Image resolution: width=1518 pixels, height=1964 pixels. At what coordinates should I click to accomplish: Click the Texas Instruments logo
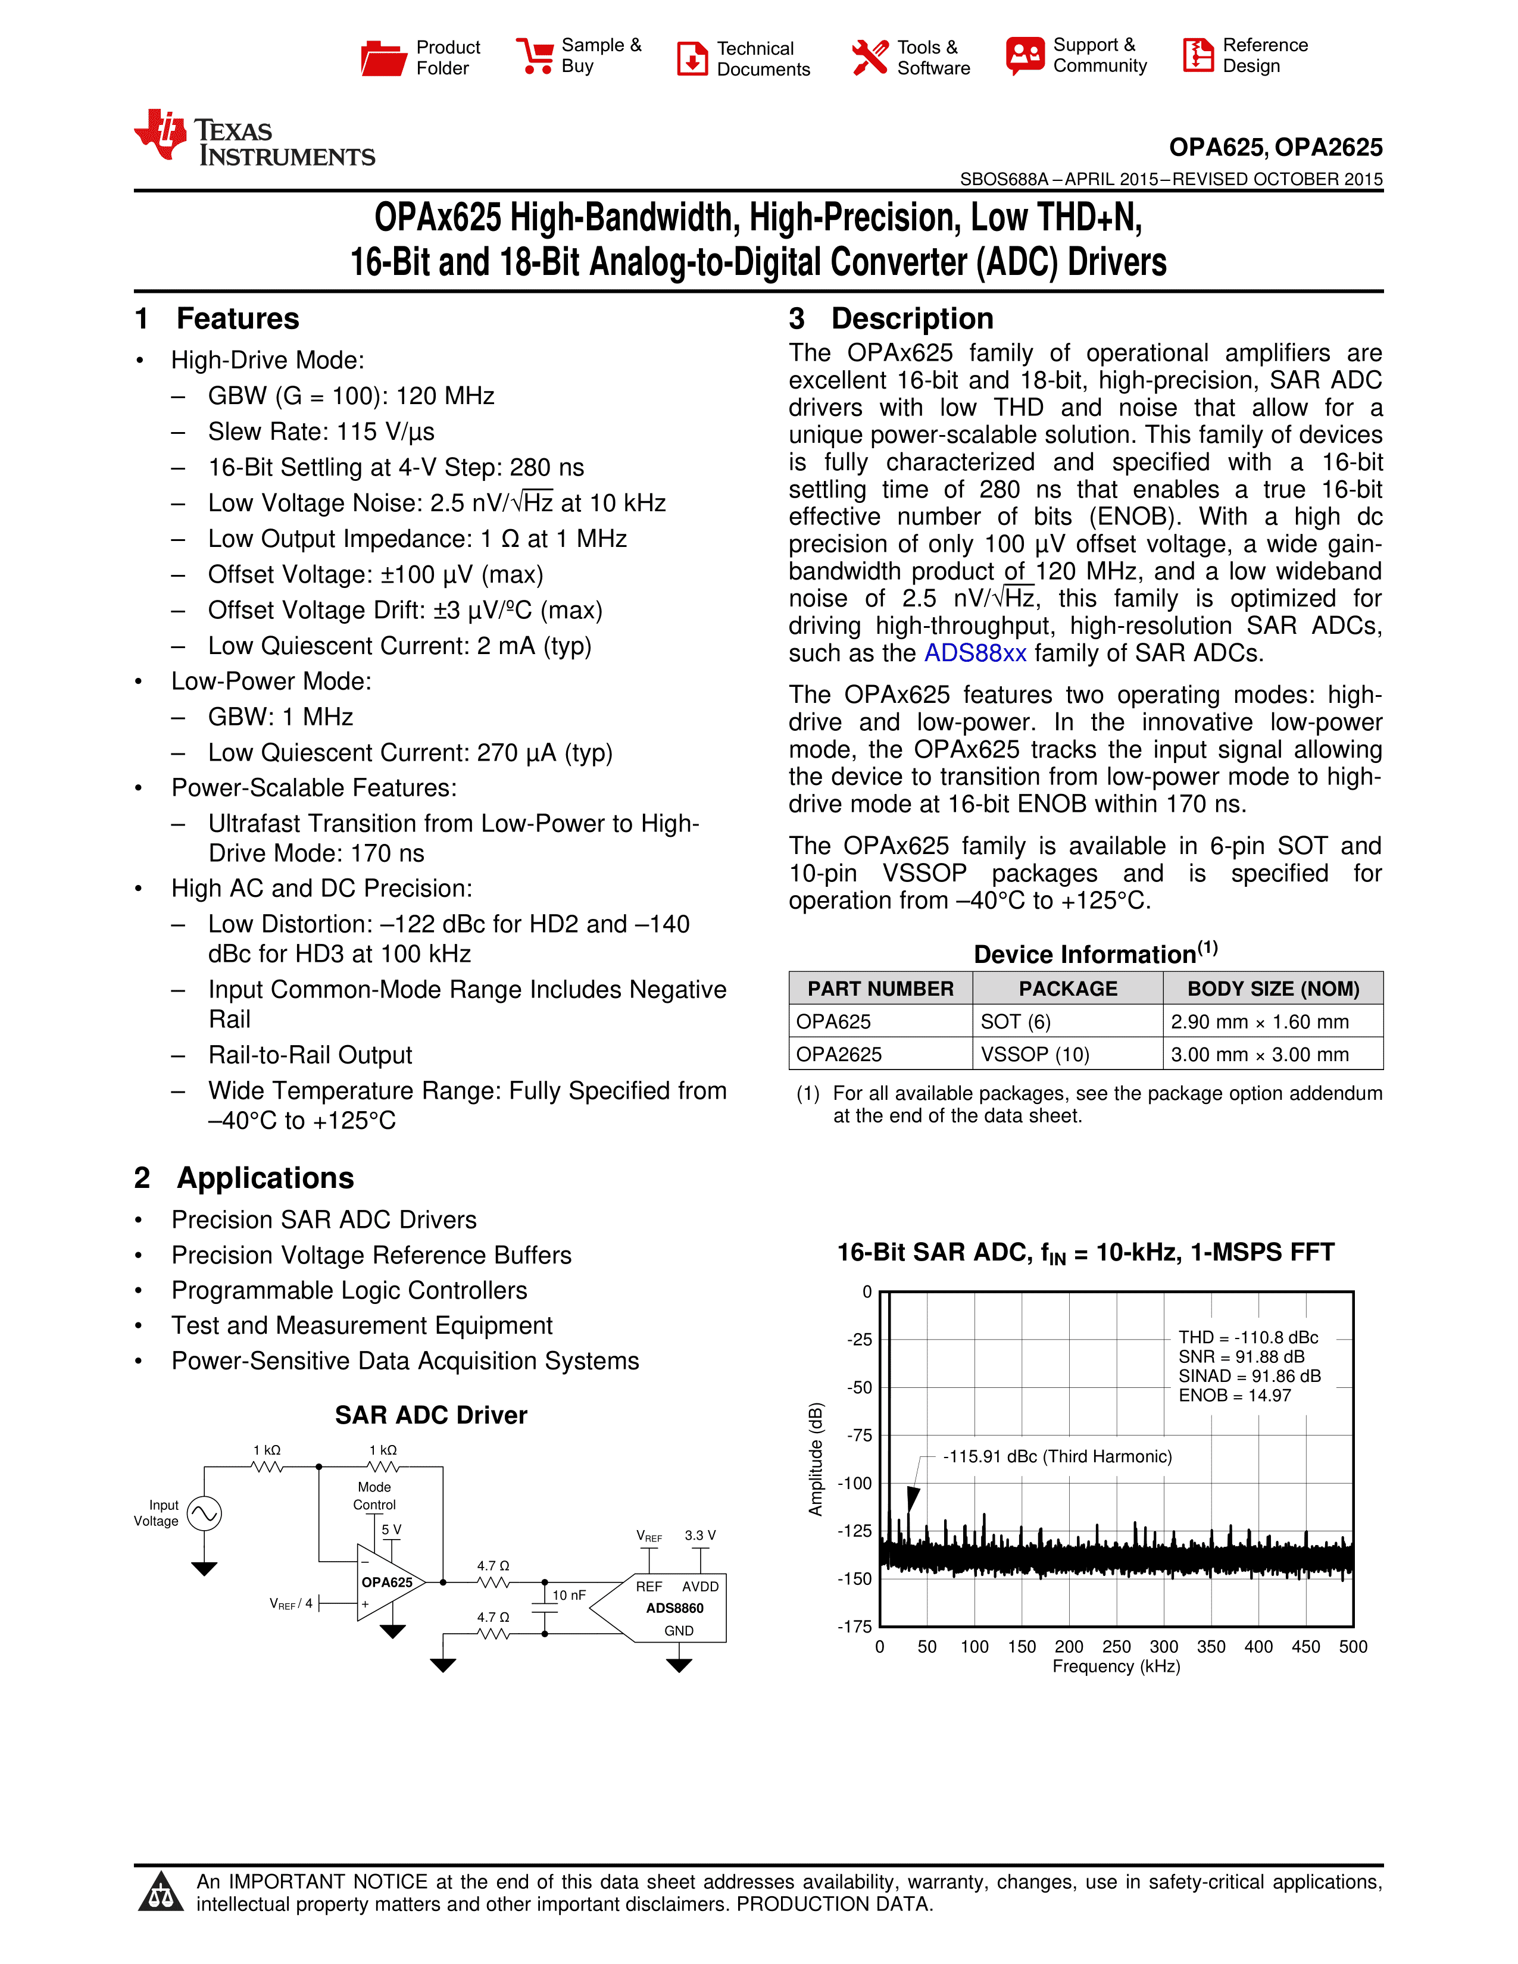pyautogui.click(x=254, y=139)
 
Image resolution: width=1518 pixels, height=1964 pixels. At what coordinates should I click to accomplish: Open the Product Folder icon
pyautogui.click(x=383, y=58)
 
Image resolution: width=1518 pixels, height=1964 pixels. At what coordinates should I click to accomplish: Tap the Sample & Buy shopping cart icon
pyautogui.click(x=535, y=56)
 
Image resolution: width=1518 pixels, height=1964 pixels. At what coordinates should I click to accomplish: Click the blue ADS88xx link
pyautogui.click(x=975, y=653)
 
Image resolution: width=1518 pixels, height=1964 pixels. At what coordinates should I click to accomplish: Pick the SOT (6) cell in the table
pyautogui.click(x=1016, y=1021)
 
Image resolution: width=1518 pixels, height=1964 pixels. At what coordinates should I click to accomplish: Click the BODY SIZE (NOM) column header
pyautogui.click(x=1273, y=989)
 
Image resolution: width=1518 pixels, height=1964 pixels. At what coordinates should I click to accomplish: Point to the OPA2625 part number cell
pyautogui.click(x=839, y=1054)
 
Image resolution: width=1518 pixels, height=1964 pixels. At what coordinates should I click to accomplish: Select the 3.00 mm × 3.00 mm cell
pyautogui.click(x=1259, y=1054)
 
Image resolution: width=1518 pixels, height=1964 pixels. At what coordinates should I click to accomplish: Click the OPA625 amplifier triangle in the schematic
pyautogui.click(x=388, y=1583)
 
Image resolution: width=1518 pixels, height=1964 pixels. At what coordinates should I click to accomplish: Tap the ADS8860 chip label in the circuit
pyautogui.click(x=674, y=1608)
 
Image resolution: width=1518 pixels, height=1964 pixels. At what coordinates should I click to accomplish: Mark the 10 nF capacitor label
pyautogui.click(x=569, y=1595)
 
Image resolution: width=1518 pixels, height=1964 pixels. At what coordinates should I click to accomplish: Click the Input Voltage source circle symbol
pyautogui.click(x=204, y=1513)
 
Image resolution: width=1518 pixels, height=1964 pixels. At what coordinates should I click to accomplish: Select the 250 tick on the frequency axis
pyautogui.click(x=1116, y=1647)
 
